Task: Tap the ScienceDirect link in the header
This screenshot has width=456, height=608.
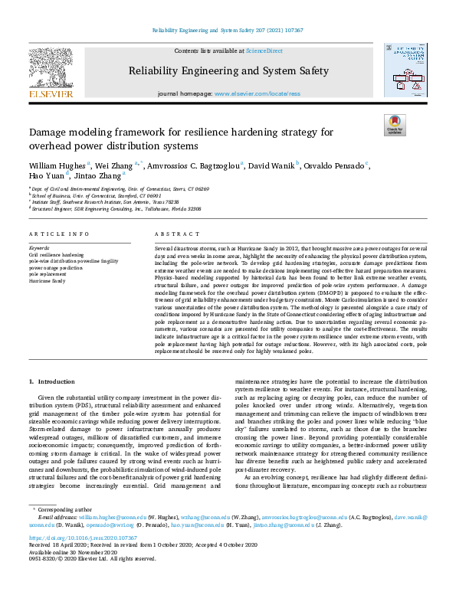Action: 264,51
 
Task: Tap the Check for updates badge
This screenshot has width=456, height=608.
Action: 394,125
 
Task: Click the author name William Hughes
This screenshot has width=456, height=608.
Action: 57,165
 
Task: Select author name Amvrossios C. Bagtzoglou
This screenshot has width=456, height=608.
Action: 196,165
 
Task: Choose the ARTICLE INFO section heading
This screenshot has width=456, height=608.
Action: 59,234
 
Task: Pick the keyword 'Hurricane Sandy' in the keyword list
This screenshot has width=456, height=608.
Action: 48,281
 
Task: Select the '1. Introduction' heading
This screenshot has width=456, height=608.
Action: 52,381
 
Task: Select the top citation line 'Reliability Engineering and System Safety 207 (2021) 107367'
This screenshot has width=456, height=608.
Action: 228,30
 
